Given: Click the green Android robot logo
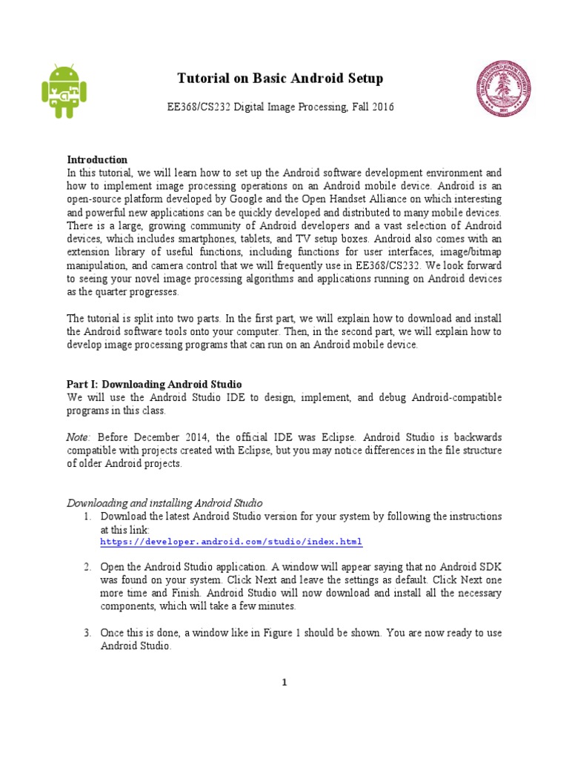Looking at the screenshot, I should pyautogui.click(x=64, y=91).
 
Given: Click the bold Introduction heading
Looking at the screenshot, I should pyautogui.click(x=97, y=159).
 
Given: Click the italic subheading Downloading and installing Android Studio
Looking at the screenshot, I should pyautogui.click(x=164, y=503).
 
